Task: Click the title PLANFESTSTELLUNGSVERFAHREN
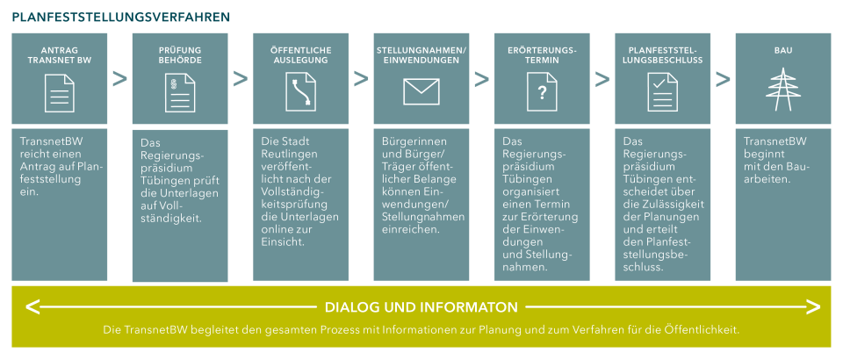click(121, 17)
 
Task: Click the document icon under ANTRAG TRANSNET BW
click(60, 92)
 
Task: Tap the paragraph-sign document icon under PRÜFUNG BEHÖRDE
click(180, 92)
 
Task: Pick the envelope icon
click(421, 91)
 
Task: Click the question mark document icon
click(542, 92)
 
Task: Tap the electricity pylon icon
click(782, 90)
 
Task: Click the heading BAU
click(782, 50)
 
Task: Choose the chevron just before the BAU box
click(723, 79)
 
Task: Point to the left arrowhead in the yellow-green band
click(33, 307)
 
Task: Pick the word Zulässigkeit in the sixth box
click(671, 205)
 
